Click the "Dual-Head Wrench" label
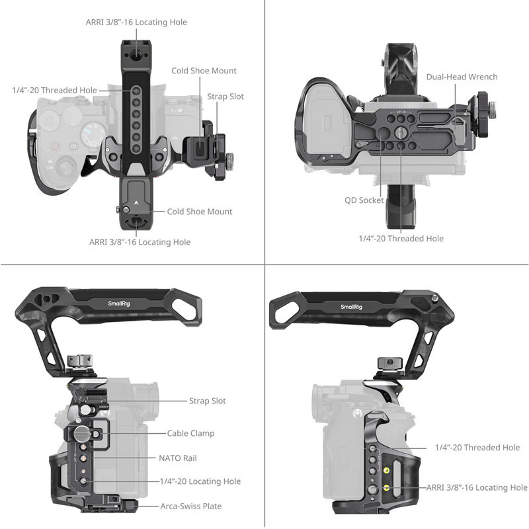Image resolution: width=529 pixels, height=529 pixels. coord(462,77)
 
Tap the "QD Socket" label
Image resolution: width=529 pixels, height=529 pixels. coord(364,200)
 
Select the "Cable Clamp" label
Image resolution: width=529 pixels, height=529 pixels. coord(190,433)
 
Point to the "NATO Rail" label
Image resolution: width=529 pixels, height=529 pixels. coord(178,458)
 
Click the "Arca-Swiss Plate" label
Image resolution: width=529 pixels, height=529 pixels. coord(191,506)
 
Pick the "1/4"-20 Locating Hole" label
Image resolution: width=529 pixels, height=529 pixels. coord(200,481)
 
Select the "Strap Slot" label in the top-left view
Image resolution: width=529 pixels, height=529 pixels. coord(225,97)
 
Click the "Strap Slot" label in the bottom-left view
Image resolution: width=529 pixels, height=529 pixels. coord(208,401)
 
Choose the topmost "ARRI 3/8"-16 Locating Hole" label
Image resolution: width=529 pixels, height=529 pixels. coord(136,22)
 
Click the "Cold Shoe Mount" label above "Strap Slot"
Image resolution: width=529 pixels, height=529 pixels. coord(204,71)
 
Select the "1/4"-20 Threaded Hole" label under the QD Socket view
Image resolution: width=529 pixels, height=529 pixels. coord(401,238)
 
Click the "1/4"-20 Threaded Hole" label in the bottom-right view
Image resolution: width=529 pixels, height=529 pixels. coord(477,448)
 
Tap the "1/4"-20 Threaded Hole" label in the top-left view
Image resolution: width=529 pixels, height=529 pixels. coord(54,90)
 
